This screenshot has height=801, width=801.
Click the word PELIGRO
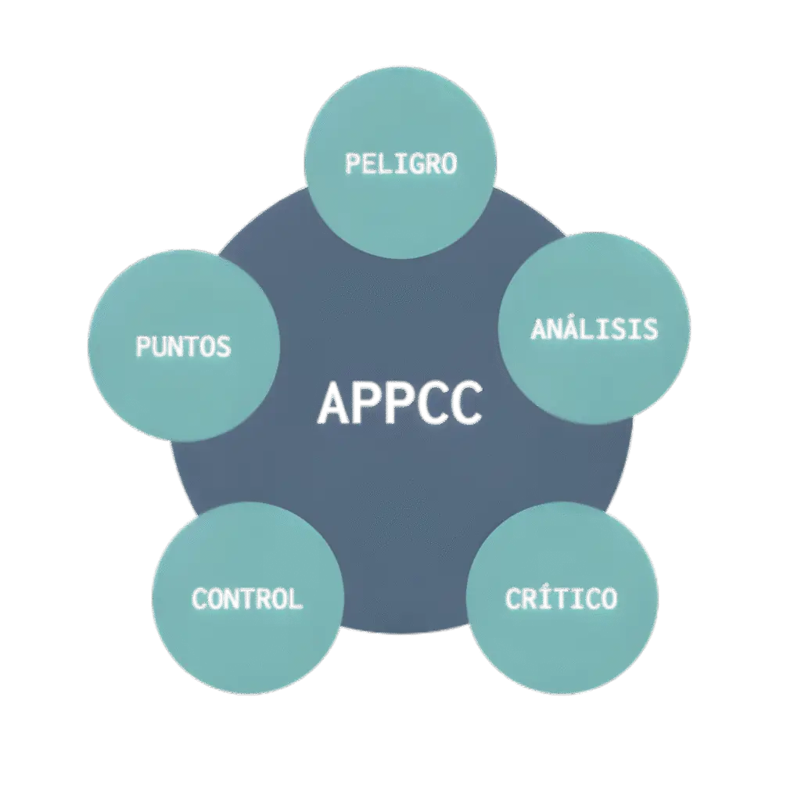[x=401, y=163]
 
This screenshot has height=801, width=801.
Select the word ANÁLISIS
[x=594, y=329]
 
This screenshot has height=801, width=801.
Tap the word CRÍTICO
[x=562, y=598]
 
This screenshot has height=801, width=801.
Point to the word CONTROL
[x=247, y=598]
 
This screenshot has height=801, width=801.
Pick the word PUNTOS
[x=184, y=345]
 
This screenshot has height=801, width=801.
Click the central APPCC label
[x=400, y=403]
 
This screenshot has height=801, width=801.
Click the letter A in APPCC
[x=335, y=404]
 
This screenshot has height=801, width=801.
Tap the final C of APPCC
[x=465, y=404]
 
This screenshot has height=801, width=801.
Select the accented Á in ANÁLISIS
[x=571, y=329]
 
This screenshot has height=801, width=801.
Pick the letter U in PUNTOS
[x=160, y=345]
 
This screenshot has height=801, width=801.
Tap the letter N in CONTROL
[x=232, y=598]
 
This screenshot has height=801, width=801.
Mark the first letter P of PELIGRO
[x=353, y=163]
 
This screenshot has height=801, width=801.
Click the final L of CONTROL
[x=295, y=598]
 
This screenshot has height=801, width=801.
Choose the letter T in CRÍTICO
[x=562, y=598]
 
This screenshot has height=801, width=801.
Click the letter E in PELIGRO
[x=369, y=163]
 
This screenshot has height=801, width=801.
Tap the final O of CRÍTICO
[x=608, y=598]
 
